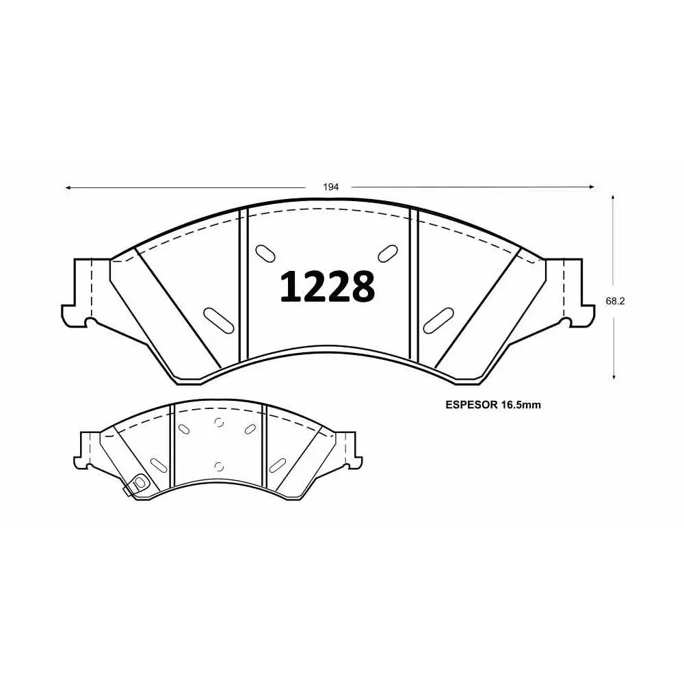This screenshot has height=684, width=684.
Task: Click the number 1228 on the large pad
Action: (x=328, y=287)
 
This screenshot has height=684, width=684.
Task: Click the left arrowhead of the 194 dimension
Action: (x=68, y=187)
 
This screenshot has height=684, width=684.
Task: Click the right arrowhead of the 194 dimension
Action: (x=592, y=187)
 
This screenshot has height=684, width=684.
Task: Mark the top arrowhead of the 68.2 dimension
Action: (x=614, y=197)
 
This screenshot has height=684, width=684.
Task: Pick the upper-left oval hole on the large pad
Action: (x=263, y=252)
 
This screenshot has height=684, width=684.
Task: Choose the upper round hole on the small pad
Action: (x=219, y=422)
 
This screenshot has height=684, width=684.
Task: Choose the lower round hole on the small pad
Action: (x=219, y=466)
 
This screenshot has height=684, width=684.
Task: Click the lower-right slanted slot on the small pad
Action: (x=278, y=463)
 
